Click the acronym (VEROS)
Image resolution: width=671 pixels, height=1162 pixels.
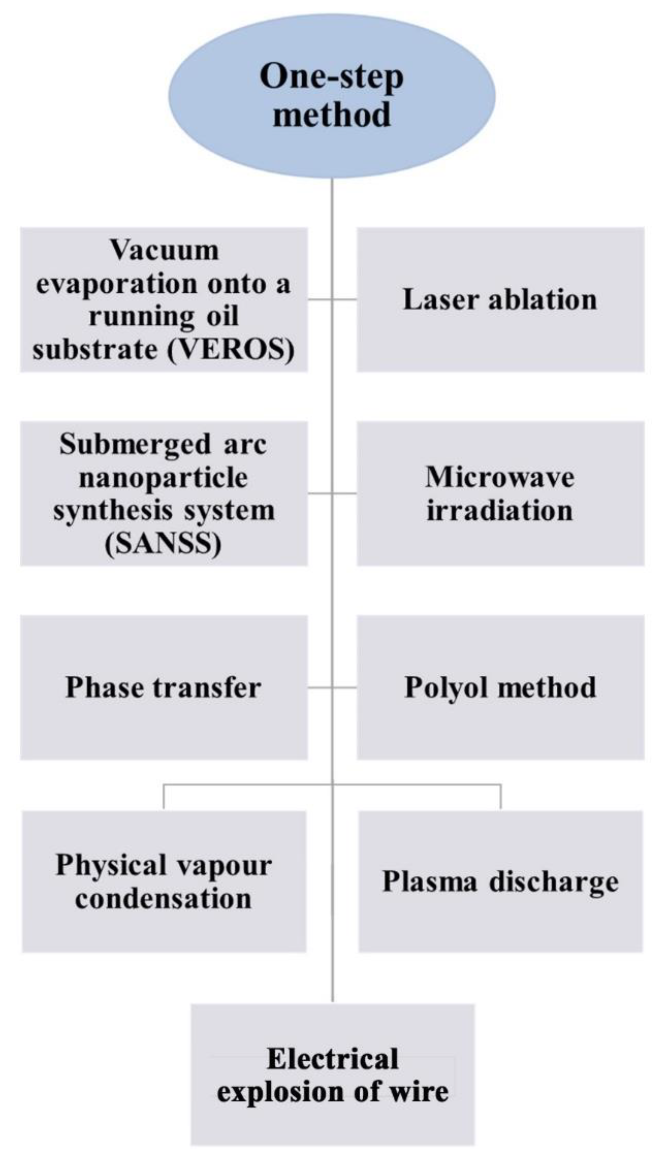tap(231, 350)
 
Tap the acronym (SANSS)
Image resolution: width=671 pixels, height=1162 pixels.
tap(163, 544)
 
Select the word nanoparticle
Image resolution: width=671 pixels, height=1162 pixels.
tap(163, 477)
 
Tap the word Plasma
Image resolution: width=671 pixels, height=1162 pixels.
tap(429, 881)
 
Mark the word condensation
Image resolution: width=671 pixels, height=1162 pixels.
tap(163, 898)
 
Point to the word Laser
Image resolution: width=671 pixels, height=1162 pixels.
tap(441, 299)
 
